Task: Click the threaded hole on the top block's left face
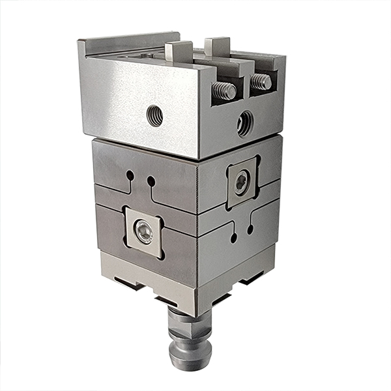tap(155, 115)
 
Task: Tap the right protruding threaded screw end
tap(262, 81)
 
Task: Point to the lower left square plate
tap(144, 230)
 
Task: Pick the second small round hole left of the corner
tap(151, 180)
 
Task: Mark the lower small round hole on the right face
tap(234, 239)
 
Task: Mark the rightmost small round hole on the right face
tap(250, 229)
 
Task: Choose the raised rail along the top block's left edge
tap(127, 44)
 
